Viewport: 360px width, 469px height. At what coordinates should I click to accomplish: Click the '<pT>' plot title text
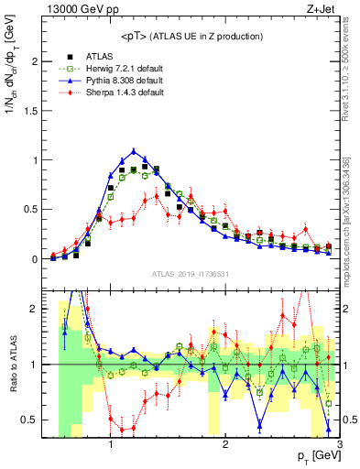191,36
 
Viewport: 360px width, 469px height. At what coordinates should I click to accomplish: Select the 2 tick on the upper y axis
38,61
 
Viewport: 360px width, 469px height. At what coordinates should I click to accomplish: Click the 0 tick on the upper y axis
38,259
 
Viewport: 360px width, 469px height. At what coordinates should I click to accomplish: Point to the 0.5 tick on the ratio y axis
34,420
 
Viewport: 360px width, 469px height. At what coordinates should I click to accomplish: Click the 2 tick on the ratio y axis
38,309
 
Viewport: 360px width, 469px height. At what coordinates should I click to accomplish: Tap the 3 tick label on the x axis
339,445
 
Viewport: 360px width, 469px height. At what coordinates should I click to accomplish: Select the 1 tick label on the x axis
111,445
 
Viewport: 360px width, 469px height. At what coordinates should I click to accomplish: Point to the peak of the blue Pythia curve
134,151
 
